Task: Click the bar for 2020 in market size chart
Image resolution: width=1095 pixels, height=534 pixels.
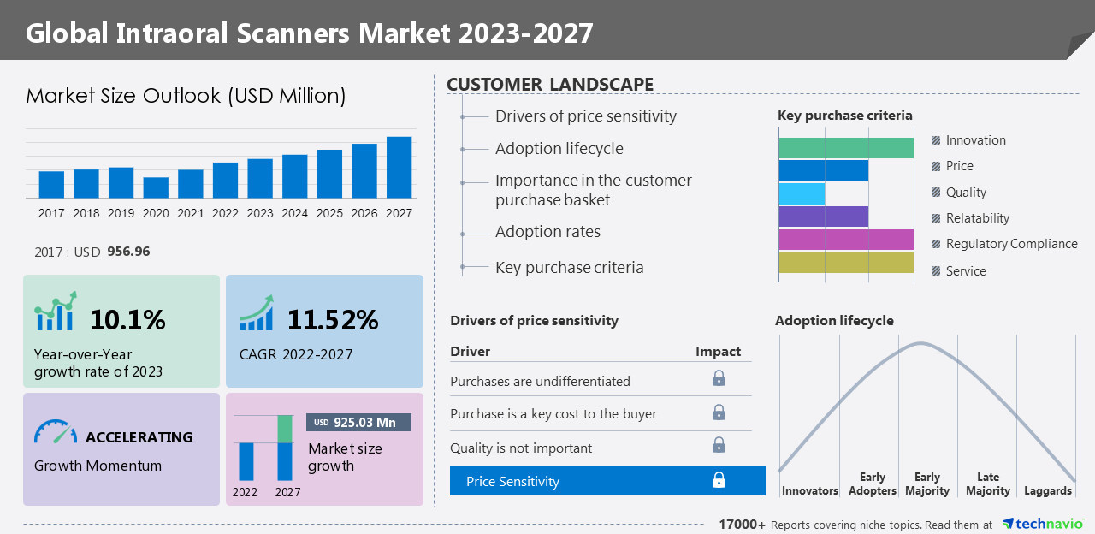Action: (156, 188)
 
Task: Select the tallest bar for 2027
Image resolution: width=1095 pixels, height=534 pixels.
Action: (399, 168)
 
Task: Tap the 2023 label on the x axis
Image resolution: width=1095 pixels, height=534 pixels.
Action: (260, 213)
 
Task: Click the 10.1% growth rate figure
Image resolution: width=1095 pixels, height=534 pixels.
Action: (127, 320)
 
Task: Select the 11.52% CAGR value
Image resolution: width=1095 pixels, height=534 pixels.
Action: (332, 320)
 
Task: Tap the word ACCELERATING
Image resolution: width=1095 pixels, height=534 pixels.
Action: (139, 437)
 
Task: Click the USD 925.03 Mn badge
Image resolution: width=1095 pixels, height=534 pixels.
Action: (358, 422)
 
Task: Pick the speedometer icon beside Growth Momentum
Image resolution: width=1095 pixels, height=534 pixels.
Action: (56, 432)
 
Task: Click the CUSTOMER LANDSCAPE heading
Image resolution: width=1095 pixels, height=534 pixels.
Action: (550, 85)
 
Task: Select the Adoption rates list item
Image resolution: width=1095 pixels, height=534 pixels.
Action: (547, 232)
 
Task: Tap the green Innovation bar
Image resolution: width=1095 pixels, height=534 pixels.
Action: (846, 148)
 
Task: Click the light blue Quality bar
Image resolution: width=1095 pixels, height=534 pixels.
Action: (802, 193)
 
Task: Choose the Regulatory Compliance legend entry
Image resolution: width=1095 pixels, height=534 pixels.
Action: (1011, 244)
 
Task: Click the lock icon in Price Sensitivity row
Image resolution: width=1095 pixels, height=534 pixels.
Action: (719, 480)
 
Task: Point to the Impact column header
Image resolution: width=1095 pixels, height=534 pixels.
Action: (718, 352)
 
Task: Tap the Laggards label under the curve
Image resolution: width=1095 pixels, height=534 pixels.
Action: (1047, 490)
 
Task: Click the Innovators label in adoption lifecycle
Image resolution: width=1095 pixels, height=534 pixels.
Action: (809, 490)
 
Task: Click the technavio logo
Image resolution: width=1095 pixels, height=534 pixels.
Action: (1043, 524)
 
